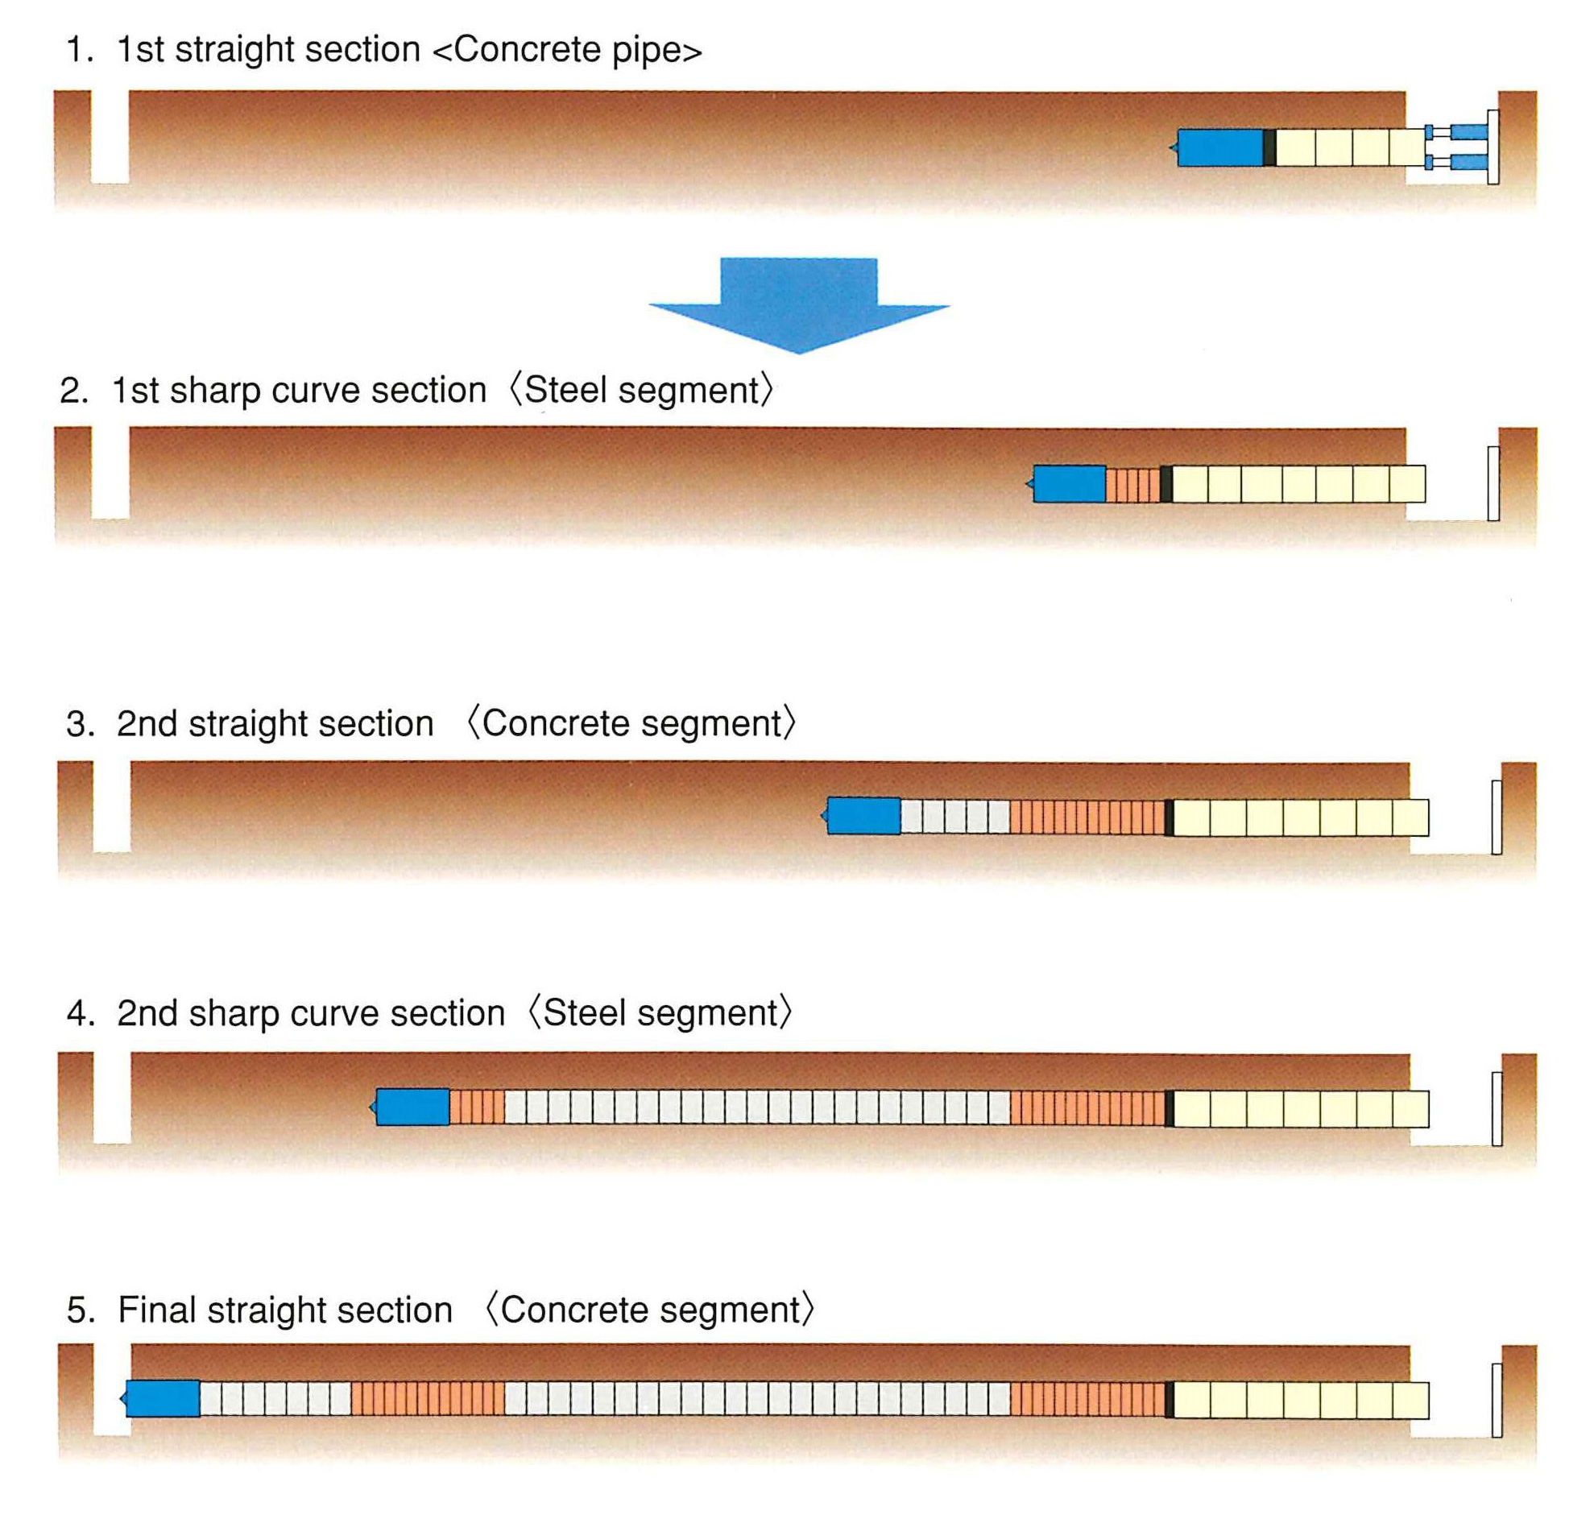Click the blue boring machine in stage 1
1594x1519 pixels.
[x=1219, y=147]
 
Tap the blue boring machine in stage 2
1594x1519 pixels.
[x=1069, y=483]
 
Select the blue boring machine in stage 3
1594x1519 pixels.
[x=863, y=814]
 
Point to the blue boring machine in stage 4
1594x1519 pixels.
[x=412, y=1106]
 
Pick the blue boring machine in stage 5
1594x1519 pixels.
[x=163, y=1397]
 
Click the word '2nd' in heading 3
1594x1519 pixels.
[x=147, y=723]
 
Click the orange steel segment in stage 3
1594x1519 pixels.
[x=1086, y=816]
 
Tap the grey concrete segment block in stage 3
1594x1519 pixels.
[x=954, y=815]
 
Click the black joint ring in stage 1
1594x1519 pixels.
[x=1269, y=147]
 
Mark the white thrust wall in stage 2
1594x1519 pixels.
[x=1493, y=483]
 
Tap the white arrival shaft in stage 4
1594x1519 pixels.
[x=112, y=1098]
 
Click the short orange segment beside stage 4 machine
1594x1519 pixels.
[x=476, y=1106]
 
